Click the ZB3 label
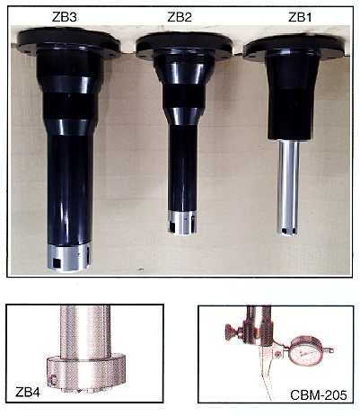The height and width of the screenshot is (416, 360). point(65,17)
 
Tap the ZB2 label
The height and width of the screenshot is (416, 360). point(180,17)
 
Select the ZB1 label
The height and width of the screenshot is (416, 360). point(300,17)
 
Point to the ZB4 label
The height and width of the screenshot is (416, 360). point(28,393)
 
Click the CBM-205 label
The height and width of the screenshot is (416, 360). point(319,395)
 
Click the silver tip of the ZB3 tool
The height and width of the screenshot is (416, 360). point(69,257)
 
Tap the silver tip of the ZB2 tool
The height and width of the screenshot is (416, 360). point(182,222)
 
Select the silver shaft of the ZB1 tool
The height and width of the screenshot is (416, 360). point(288,187)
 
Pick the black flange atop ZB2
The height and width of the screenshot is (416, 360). point(184,46)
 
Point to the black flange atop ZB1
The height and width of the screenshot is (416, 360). point(294,48)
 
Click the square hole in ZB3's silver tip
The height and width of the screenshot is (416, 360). point(56,263)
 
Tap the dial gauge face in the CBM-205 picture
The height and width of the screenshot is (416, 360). point(305,351)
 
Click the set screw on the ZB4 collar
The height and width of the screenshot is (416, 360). point(54,381)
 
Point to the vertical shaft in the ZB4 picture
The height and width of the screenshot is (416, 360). point(85,332)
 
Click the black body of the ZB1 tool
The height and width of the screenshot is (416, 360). point(293,97)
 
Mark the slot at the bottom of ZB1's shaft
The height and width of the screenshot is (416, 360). point(288,230)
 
